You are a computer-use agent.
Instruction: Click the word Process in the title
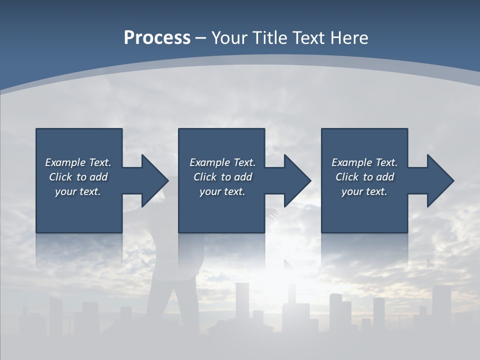(157, 38)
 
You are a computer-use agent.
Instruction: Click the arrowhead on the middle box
(297, 180)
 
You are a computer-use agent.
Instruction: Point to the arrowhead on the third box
(440, 180)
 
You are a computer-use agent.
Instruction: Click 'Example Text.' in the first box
(78, 162)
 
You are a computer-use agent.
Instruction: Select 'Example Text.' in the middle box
(222, 162)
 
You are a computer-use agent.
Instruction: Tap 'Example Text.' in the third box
(364, 162)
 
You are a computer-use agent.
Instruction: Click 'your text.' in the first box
(78, 191)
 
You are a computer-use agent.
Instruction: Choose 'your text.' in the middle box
(222, 191)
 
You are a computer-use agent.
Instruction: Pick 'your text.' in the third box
(364, 191)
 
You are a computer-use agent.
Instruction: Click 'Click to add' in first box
(78, 177)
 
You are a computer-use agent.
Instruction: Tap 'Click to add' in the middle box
(222, 177)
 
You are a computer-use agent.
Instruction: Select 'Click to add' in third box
(364, 177)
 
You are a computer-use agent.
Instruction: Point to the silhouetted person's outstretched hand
(273, 213)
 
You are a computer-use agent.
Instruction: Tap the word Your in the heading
(229, 38)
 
